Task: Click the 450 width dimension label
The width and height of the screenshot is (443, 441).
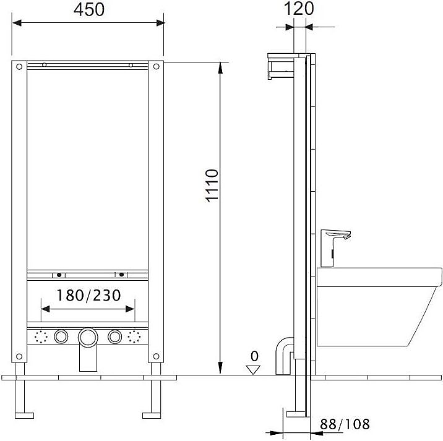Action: point(88,9)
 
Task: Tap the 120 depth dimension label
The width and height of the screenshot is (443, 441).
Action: point(299,8)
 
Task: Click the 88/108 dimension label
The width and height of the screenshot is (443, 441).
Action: point(345,424)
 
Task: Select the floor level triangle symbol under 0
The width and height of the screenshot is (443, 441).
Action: point(252,369)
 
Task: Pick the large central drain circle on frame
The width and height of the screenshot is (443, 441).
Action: point(87,337)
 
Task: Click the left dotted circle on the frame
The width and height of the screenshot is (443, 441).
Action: point(42,337)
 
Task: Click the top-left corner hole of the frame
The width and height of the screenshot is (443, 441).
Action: point(19,67)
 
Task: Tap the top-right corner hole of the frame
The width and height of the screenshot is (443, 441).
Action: point(156,67)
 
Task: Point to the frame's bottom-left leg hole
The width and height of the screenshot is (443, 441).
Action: point(19,355)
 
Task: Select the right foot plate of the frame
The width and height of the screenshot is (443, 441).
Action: point(152,414)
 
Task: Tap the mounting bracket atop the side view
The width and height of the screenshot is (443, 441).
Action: point(285,67)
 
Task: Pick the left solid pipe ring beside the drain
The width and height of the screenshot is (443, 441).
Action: point(61,337)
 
